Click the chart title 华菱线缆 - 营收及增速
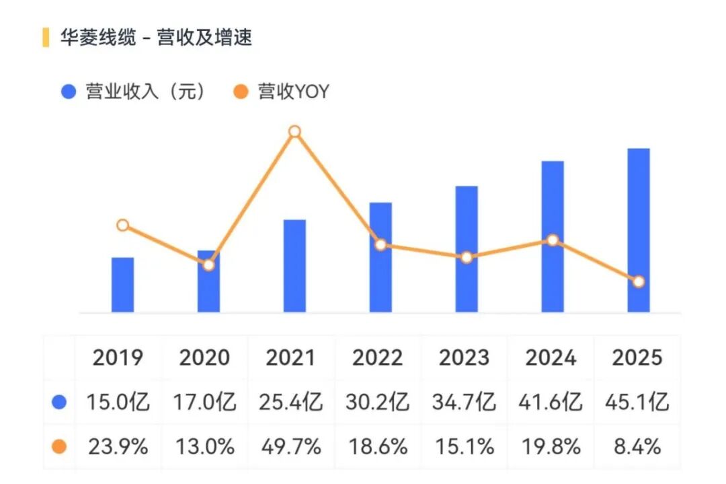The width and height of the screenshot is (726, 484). click(x=156, y=37)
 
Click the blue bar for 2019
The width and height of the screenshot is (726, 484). click(x=122, y=285)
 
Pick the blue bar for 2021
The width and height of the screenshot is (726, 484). click(x=294, y=266)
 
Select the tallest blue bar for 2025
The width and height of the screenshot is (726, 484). click(x=639, y=230)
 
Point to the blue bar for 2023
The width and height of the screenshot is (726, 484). click(x=467, y=249)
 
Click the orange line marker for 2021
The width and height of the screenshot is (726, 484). click(x=294, y=131)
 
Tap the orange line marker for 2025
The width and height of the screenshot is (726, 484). click(x=639, y=281)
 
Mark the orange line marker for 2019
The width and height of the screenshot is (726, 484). click(x=122, y=225)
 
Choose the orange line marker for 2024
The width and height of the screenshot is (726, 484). click(x=553, y=240)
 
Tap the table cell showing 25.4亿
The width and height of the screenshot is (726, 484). click(x=290, y=403)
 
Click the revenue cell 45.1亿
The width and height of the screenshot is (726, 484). click(x=637, y=403)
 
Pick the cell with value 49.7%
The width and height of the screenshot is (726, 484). click(x=290, y=446)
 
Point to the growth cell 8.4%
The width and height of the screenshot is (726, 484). click(x=637, y=446)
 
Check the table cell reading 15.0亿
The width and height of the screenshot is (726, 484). click(x=118, y=403)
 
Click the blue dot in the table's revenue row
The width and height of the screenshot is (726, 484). click(x=60, y=403)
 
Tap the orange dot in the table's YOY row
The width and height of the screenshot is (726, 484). click(x=60, y=446)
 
